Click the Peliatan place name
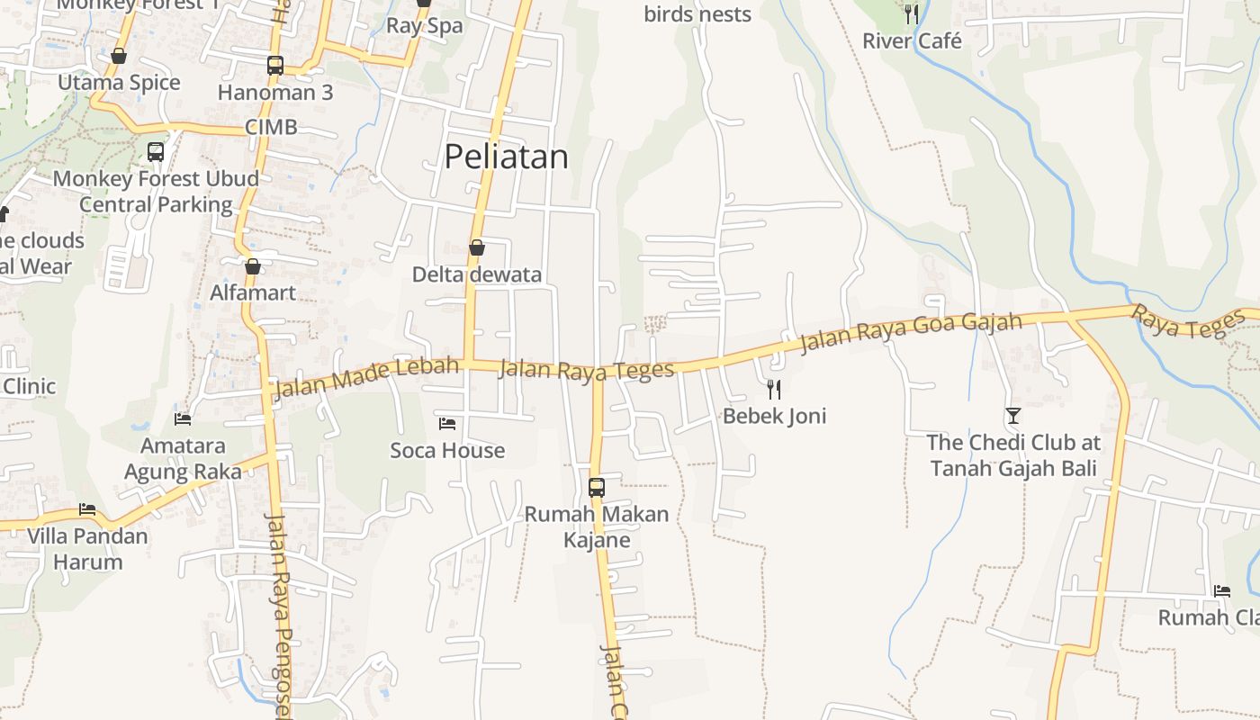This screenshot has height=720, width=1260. (506, 157)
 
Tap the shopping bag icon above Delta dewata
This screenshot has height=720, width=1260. (477, 247)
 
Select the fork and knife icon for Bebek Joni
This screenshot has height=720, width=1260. (773, 389)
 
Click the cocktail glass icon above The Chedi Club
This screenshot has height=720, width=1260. (1013, 415)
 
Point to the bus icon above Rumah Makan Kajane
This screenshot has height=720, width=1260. (596, 488)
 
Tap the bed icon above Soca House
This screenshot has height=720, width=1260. (447, 423)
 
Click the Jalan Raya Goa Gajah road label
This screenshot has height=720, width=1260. (911, 331)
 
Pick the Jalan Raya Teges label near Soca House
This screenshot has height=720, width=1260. (586, 370)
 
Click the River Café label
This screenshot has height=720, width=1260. (912, 41)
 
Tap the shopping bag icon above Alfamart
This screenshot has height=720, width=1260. (253, 266)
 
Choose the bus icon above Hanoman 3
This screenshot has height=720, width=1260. (275, 66)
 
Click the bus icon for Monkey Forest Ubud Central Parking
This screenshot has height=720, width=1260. (156, 151)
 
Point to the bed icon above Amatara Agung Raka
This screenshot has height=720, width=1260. (183, 418)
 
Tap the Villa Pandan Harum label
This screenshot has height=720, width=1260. (87, 549)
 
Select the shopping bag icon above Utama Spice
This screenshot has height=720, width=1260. (119, 57)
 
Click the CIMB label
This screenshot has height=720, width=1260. (271, 128)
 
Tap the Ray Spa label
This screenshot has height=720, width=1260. (424, 26)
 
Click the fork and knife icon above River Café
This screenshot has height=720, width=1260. (912, 13)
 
